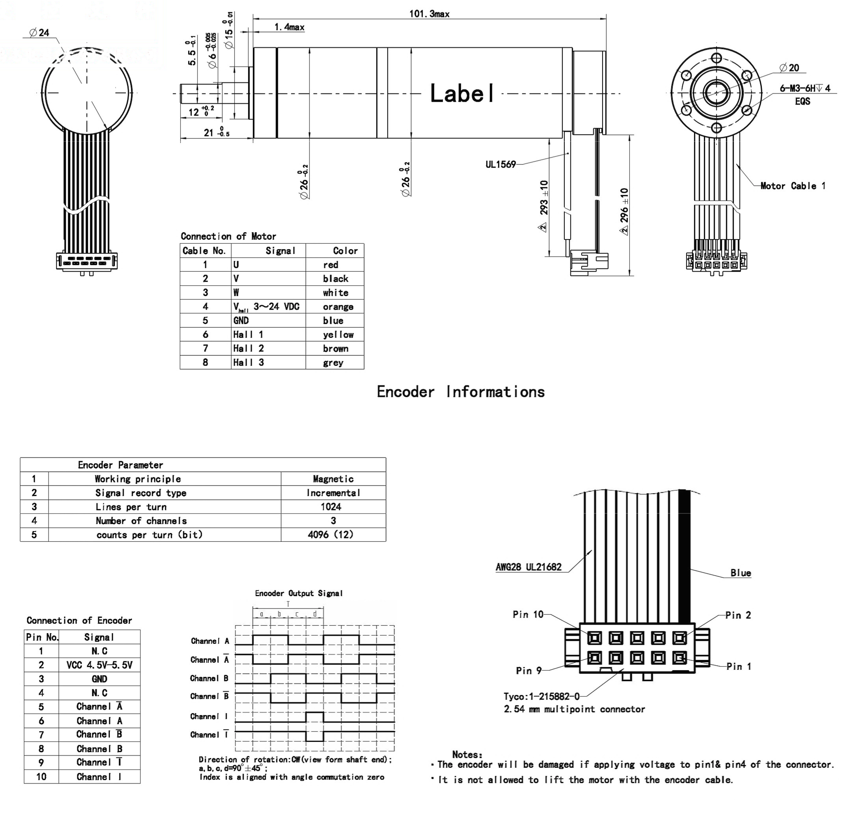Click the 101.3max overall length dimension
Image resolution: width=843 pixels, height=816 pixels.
tap(429, 14)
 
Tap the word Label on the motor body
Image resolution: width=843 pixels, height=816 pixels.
tap(462, 93)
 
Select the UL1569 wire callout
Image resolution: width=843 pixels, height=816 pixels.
tap(500, 164)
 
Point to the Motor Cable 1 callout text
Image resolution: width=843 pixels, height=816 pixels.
tap(792, 186)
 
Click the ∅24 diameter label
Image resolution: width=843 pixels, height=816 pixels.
tap(39, 33)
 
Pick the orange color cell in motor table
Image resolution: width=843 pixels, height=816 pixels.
tap(338, 307)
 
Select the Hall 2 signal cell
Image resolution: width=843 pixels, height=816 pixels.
tap(248, 348)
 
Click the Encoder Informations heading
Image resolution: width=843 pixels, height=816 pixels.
tap(460, 392)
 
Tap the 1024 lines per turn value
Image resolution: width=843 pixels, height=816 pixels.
tap(331, 507)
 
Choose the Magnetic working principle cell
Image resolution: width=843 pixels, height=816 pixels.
tap(333, 479)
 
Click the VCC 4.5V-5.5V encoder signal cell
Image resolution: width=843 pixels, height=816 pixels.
tap(99, 665)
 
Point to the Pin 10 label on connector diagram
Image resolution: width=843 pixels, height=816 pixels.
tap(528, 614)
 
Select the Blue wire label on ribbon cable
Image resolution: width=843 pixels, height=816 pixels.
tap(740, 573)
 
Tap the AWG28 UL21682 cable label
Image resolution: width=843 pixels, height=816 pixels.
tap(528, 567)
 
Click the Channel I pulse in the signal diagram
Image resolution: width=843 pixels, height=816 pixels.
tap(314, 717)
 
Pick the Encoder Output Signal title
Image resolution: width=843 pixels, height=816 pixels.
tap(298, 593)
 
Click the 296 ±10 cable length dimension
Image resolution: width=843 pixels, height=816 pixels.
tap(624, 205)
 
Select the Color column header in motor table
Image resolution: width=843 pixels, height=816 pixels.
tap(345, 251)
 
